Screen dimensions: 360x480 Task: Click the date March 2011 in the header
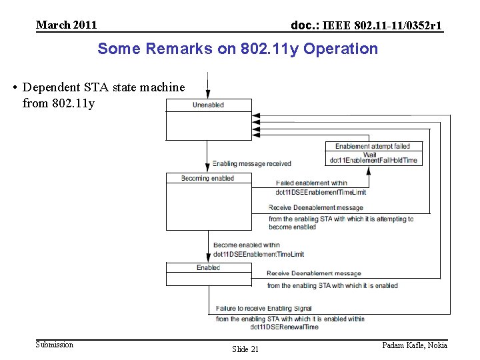coord(66,25)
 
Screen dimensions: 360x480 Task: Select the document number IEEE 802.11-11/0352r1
coord(366,26)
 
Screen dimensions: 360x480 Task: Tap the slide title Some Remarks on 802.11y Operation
coord(237,49)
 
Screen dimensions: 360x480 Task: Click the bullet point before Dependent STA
coord(15,87)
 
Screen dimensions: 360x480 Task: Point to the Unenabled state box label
coord(208,105)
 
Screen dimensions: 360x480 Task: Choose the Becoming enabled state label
coord(208,178)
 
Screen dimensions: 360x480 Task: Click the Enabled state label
coord(208,267)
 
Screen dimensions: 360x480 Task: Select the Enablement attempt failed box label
coord(373,146)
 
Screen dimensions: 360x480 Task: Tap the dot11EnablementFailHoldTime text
coord(373,160)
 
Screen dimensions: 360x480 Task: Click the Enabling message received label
coord(251,163)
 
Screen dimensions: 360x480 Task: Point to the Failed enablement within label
coord(311,183)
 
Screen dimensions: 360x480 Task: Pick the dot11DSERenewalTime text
coord(285,327)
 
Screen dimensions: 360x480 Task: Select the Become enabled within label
coord(247,245)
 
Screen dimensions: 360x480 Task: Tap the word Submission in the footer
coord(55,345)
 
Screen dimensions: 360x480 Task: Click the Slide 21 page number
coord(245,349)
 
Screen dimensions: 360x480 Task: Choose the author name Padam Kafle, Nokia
coord(414,345)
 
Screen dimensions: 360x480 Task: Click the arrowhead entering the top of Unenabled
coord(208,95)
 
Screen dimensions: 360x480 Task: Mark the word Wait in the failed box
coord(369,154)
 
